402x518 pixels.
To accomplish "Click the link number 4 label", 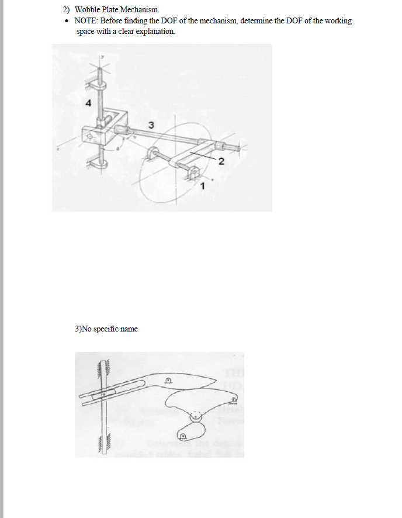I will pos(88,103).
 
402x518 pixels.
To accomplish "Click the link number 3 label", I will pos(151,125).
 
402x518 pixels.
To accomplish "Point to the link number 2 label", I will pos(220,162).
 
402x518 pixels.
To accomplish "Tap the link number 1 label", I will pos(202,187).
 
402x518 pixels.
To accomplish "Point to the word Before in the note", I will pos(118,20).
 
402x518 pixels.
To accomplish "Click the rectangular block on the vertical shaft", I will pos(105,133).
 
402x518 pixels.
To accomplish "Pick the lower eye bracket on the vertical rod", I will pos(101,165).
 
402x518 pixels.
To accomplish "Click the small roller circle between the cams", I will pos(195,417).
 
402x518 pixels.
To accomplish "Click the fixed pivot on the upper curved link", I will pos(168,381).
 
